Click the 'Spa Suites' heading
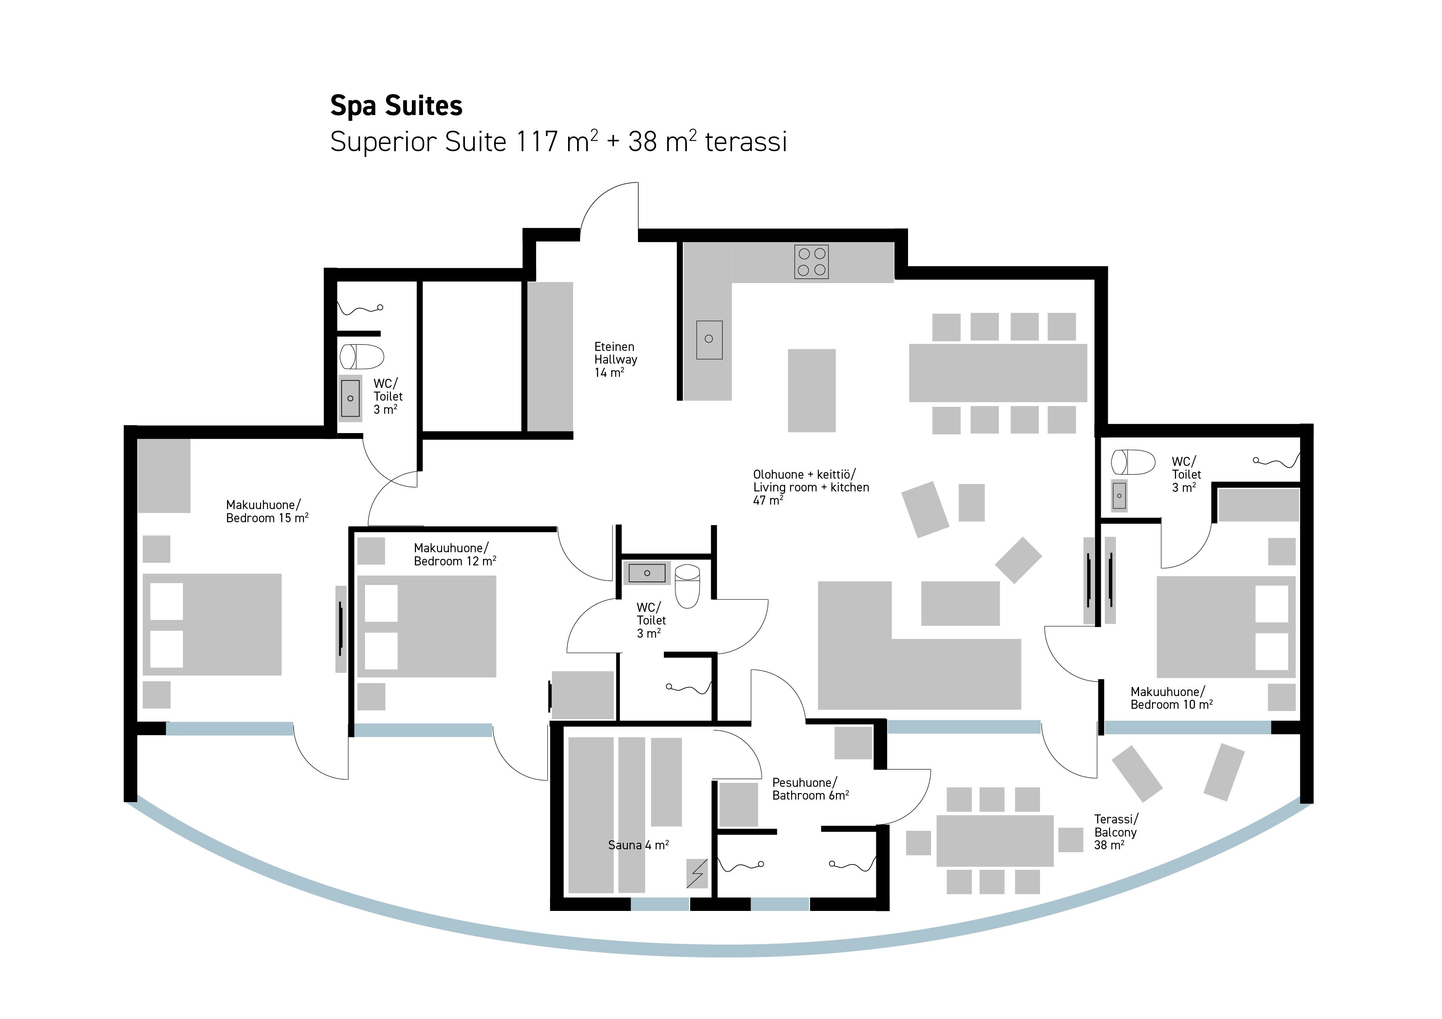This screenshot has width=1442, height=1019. tap(396, 106)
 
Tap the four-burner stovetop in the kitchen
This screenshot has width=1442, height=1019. tap(811, 262)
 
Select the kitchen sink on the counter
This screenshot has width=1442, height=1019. tap(709, 340)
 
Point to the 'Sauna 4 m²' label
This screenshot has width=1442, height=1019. tap(638, 845)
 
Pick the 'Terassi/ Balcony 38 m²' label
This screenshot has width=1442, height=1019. tap(1116, 832)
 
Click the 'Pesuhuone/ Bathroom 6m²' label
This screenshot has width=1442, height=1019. tap(810, 789)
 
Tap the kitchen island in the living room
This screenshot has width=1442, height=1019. tap(811, 390)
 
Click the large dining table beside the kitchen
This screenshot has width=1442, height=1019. tap(998, 373)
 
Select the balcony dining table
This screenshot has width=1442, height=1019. tap(995, 841)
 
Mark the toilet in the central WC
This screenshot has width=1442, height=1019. tap(687, 586)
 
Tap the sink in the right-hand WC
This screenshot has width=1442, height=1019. tap(1119, 496)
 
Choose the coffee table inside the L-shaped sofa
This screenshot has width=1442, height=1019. tap(960, 603)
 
